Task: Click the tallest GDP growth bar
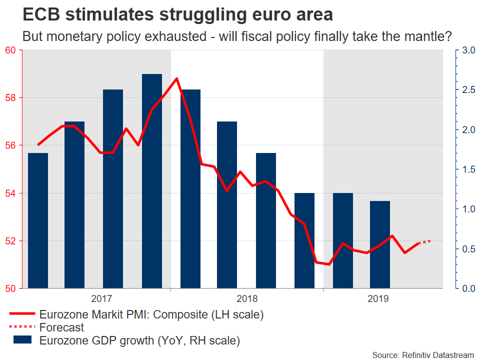coord(152,180)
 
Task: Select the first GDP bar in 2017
coord(38,220)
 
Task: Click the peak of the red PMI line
coord(176,78)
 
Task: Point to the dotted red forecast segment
coord(424,242)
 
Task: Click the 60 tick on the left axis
coord(10,50)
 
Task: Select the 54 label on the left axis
coord(10,193)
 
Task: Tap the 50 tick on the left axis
coord(10,288)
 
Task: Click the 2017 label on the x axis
coord(101,299)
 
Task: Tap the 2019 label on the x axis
coord(377,299)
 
